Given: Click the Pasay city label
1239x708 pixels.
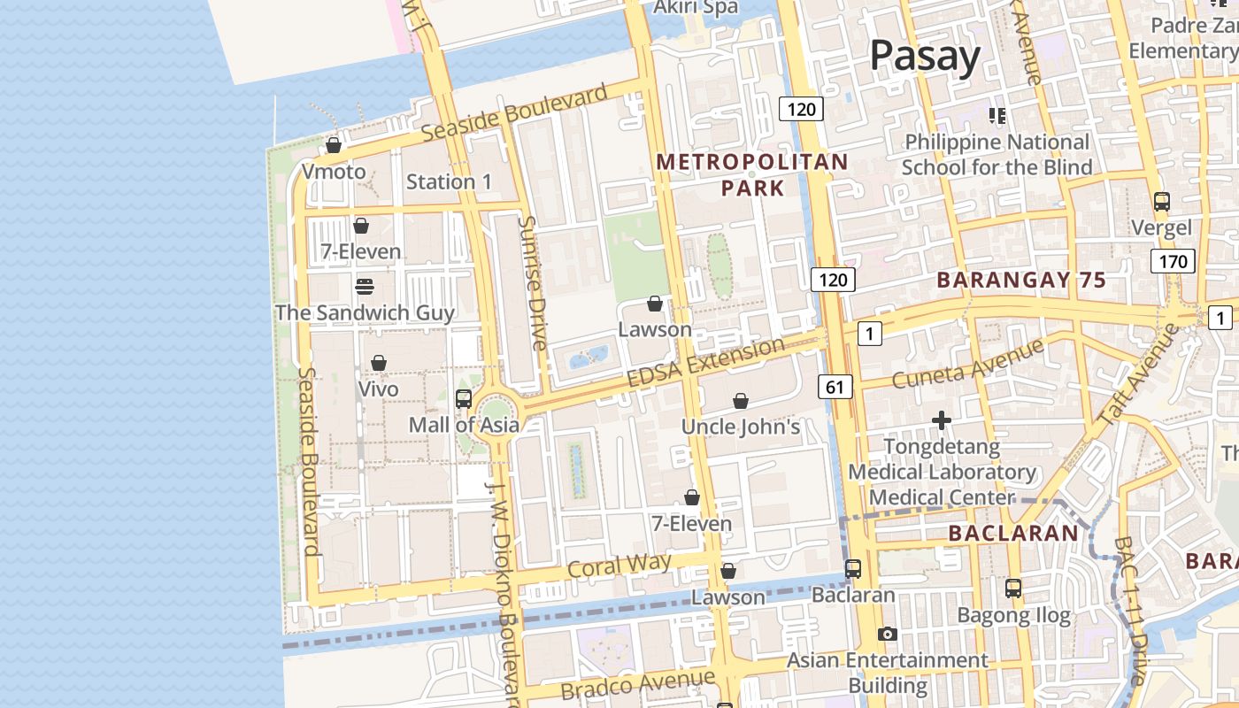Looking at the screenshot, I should pyautogui.click(x=925, y=56).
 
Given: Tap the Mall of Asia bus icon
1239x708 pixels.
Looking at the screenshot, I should pyautogui.click(x=464, y=398).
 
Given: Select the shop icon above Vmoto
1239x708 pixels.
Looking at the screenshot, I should pyautogui.click(x=334, y=145).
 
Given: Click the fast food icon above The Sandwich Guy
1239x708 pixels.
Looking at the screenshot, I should pyautogui.click(x=365, y=286).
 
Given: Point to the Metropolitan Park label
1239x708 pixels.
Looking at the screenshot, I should pyautogui.click(x=752, y=174).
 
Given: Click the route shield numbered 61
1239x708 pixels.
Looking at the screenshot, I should pyautogui.click(x=835, y=386).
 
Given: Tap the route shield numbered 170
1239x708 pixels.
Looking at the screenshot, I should pyautogui.click(x=1173, y=261).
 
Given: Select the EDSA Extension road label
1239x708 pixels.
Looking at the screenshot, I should pyautogui.click(x=705, y=361).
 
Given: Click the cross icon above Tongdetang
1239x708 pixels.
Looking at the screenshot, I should pyautogui.click(x=942, y=419).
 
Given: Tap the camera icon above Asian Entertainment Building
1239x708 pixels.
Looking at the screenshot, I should pyautogui.click(x=887, y=634).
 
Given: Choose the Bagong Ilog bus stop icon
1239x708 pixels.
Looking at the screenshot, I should pyautogui.click(x=1013, y=588).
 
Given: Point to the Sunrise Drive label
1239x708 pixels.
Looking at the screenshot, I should pyautogui.click(x=535, y=282).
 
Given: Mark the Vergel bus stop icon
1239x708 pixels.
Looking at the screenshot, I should pyautogui.click(x=1162, y=202).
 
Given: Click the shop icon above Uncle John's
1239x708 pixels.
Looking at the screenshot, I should pyautogui.click(x=741, y=401).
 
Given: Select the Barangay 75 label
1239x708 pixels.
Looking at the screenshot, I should pyautogui.click(x=1021, y=281).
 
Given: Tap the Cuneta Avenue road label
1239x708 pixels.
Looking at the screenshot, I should pyautogui.click(x=968, y=362).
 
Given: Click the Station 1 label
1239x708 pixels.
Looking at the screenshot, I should pyautogui.click(x=449, y=181).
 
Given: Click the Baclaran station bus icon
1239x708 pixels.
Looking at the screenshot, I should pyautogui.click(x=853, y=568).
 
